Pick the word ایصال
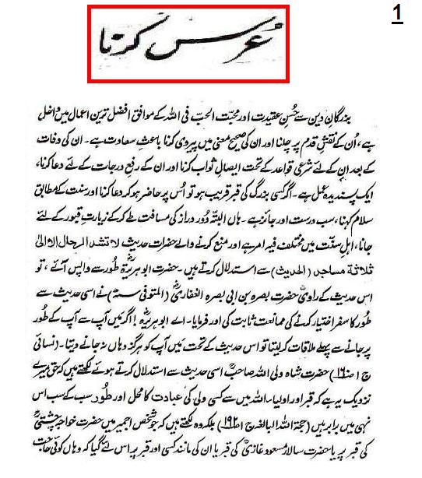pyautogui.click(x=234, y=167)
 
